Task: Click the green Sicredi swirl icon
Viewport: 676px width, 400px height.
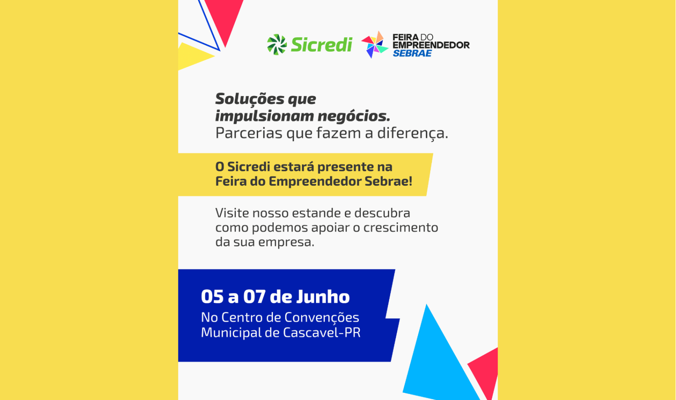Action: pyautogui.click(x=277, y=44)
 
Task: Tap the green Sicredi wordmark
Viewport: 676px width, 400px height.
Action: pyautogui.click(x=322, y=45)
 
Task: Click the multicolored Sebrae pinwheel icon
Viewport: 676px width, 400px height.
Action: pyautogui.click(x=374, y=44)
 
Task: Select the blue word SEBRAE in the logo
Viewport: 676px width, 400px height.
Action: pyautogui.click(x=412, y=53)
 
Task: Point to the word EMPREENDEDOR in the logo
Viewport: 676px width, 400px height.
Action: pyautogui.click(x=431, y=45)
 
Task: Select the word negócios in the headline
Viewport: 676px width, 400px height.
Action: pyautogui.click(x=354, y=116)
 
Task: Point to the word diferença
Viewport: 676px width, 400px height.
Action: pyautogui.click(x=412, y=134)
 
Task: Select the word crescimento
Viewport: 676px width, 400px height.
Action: pyautogui.click(x=401, y=227)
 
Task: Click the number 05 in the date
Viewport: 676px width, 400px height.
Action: pyautogui.click(x=212, y=297)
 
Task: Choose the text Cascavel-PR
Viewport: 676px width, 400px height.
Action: pyautogui.click(x=322, y=333)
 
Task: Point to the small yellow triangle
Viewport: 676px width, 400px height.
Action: pyautogui.click(x=192, y=56)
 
